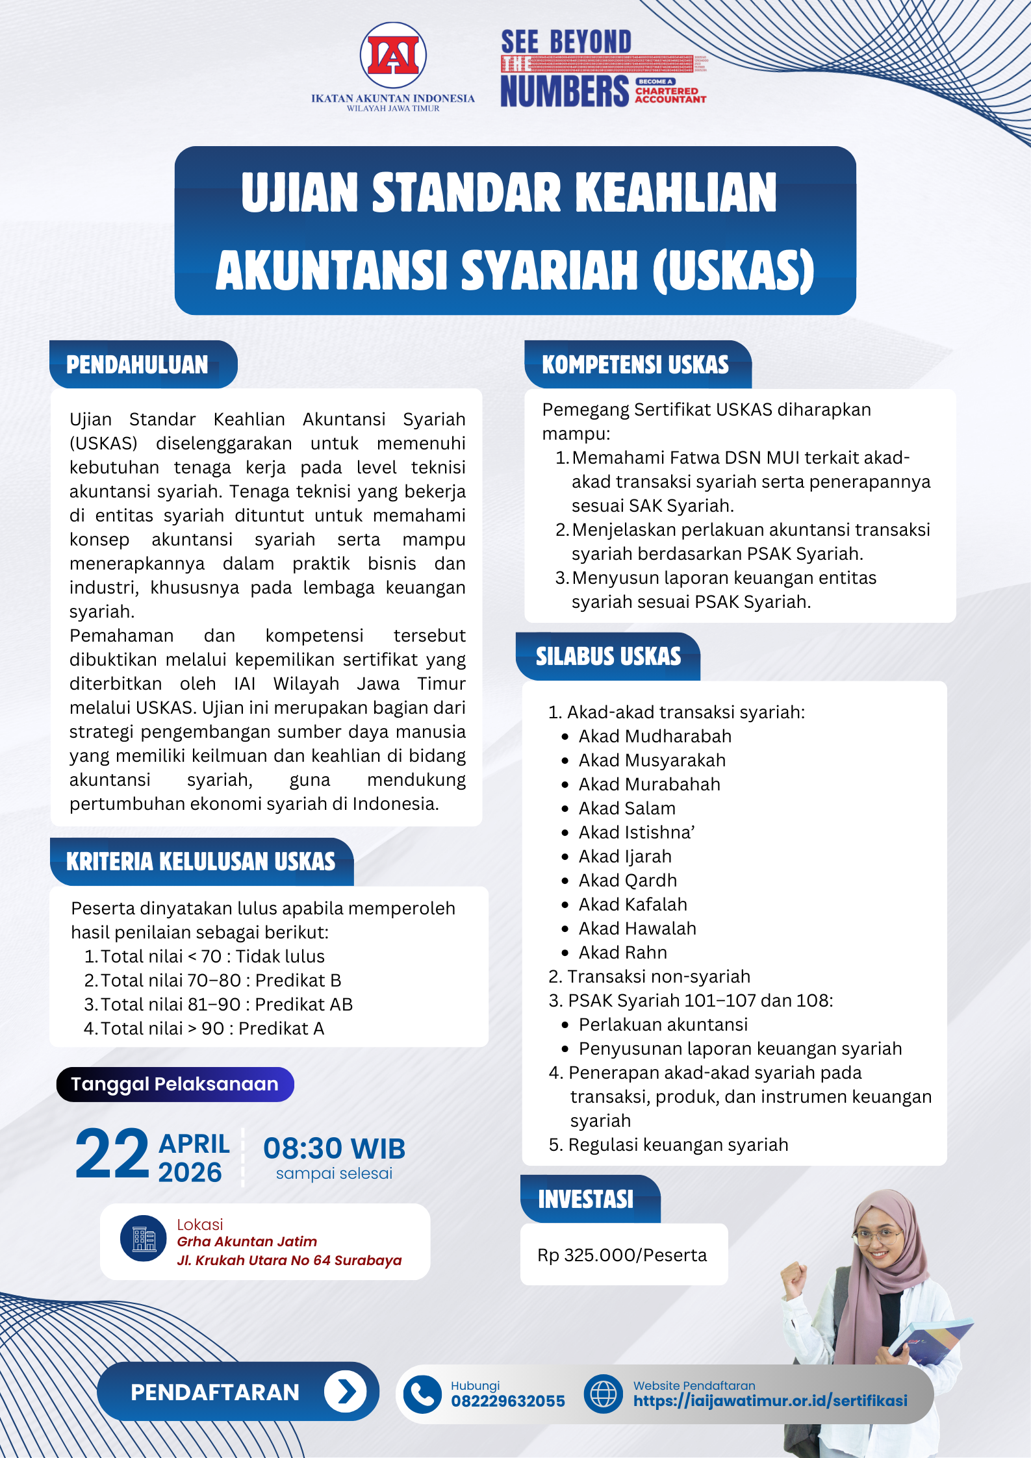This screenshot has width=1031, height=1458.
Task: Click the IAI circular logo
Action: click(393, 56)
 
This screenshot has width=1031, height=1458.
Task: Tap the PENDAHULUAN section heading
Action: click(138, 365)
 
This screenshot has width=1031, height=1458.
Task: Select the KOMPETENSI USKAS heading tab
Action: click(635, 365)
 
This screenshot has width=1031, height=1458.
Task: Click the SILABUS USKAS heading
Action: click(608, 657)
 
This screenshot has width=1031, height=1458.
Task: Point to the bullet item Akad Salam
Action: click(627, 809)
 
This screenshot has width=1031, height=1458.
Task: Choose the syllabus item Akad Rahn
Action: click(622, 953)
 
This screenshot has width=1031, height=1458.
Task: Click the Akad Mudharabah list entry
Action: click(655, 736)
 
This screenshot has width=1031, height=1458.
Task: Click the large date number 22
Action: click(112, 1155)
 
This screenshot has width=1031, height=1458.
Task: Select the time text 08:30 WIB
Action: click(334, 1149)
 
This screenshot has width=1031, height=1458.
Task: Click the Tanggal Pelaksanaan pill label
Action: click(175, 1085)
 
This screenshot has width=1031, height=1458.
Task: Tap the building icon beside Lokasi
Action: click(144, 1238)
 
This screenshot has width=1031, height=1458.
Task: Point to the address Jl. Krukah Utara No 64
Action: click(289, 1261)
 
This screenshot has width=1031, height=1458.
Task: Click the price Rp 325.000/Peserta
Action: click(622, 1255)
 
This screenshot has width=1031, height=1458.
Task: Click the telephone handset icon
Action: click(422, 1394)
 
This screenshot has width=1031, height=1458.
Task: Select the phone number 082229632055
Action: click(508, 1401)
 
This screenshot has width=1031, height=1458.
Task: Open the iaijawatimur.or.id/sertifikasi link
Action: click(770, 1401)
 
